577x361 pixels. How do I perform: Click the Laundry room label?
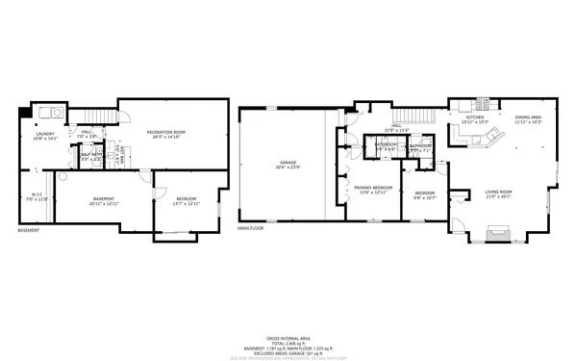(x=45, y=134)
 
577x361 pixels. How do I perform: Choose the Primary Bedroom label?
(x=371, y=188)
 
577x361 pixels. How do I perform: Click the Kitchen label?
(x=475, y=117)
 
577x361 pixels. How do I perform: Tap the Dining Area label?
(x=528, y=117)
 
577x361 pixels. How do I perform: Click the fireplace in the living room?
(x=497, y=232)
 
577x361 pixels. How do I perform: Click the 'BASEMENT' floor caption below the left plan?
(x=30, y=230)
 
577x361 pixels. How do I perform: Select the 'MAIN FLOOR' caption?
(x=251, y=229)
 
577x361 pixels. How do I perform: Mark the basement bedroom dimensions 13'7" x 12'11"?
(x=186, y=203)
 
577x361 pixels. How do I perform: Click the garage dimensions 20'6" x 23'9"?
(x=288, y=168)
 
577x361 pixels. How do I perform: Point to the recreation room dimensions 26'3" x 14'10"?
(x=166, y=137)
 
